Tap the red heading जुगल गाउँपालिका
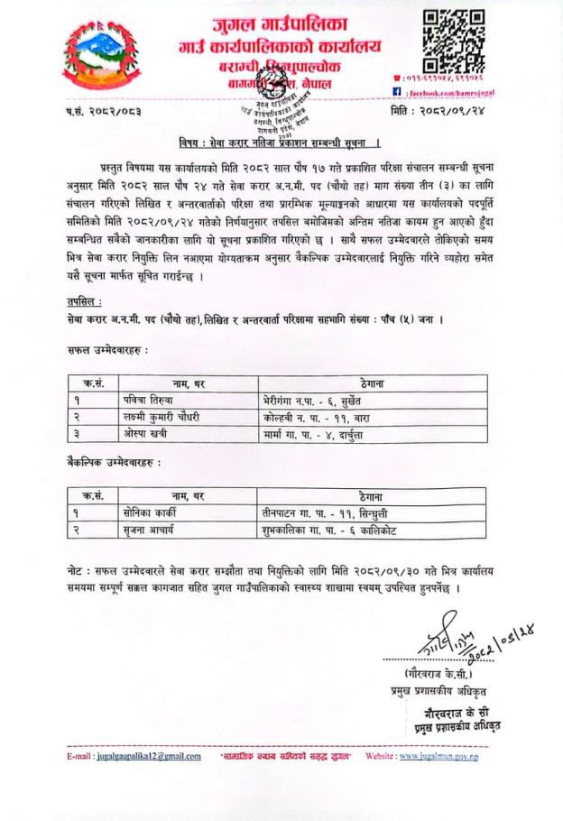coord(280,22)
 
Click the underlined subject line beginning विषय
coord(278,143)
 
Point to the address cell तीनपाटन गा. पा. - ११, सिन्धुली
coord(314,510)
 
